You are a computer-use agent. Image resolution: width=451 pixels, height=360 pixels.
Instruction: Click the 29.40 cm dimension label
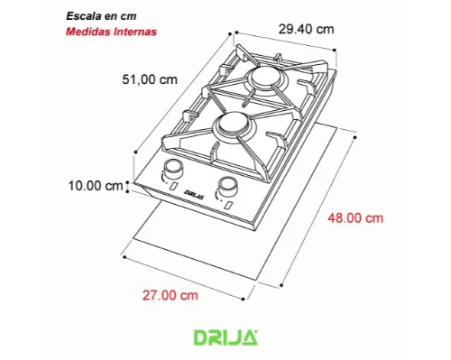(x=306, y=30)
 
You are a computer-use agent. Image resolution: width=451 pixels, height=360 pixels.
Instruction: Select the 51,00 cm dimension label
(x=150, y=79)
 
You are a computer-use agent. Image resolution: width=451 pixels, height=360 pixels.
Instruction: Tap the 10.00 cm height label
(x=96, y=186)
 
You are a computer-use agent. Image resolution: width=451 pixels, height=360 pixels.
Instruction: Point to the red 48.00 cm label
(x=355, y=218)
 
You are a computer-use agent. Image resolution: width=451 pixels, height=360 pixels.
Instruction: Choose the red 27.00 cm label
(x=170, y=295)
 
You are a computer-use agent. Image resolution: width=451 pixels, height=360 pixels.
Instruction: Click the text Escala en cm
(x=101, y=16)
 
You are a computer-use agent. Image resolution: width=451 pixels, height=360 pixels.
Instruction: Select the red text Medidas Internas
(x=111, y=32)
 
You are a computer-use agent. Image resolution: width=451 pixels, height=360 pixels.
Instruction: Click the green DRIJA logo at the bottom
(x=225, y=337)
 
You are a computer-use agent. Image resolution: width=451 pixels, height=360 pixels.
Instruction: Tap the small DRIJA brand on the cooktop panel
(x=194, y=195)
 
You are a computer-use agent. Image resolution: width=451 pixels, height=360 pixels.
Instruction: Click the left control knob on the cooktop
(x=173, y=170)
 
